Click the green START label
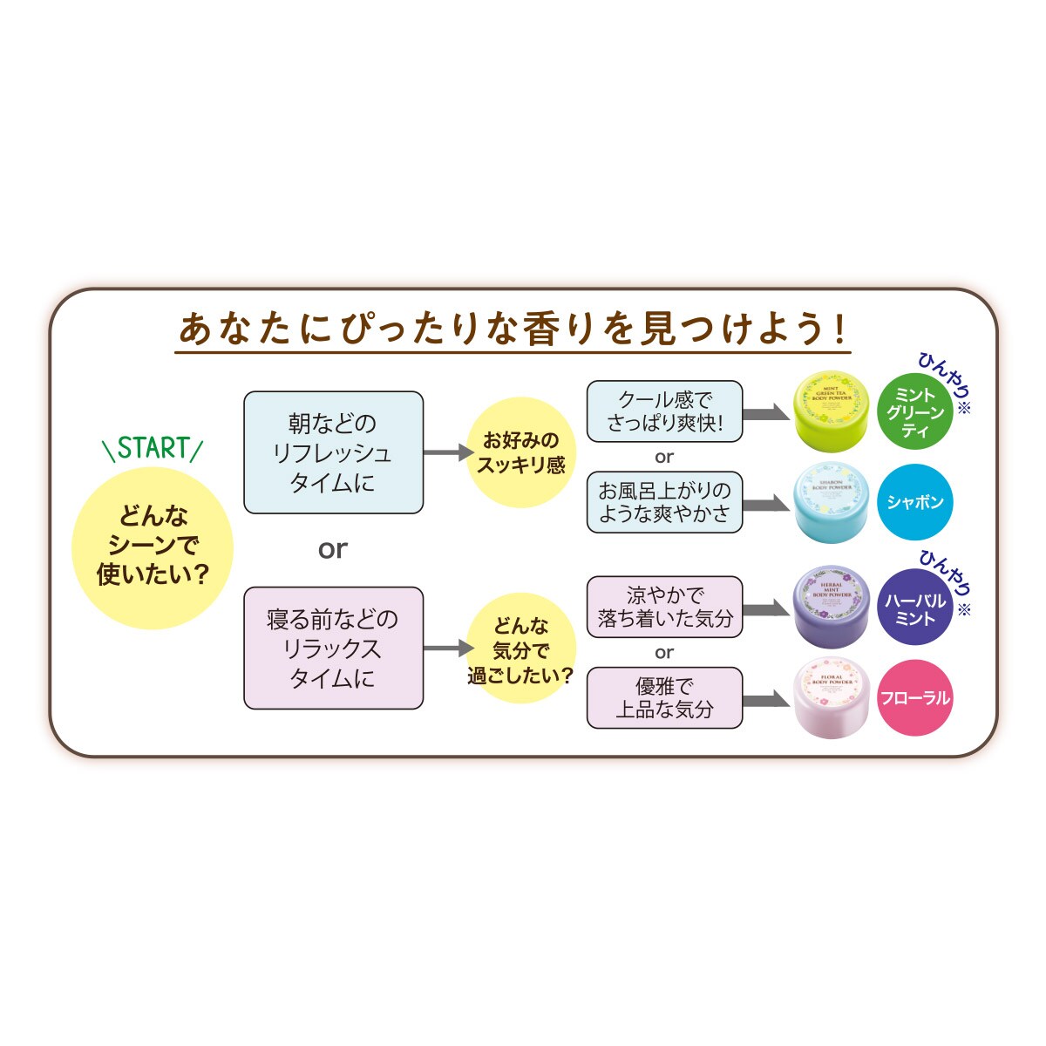pos(153,448)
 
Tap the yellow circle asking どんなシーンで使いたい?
pos(153,547)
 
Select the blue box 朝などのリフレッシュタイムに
pos(333,452)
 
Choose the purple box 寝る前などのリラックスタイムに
pos(333,648)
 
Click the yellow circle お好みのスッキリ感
pos(520,452)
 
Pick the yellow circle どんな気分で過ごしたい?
pos(520,649)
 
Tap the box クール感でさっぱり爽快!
pos(664,411)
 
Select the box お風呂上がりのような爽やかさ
pos(664,502)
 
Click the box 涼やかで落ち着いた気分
pos(664,607)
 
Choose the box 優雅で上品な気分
pos(664,698)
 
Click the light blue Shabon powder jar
pos(831,503)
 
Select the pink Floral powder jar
pos(831,698)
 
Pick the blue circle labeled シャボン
pos(914,502)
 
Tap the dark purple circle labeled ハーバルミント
pos(914,608)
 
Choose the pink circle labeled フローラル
pos(914,698)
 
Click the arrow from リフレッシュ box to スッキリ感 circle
pos(448,452)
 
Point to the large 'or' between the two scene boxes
pos(333,549)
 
